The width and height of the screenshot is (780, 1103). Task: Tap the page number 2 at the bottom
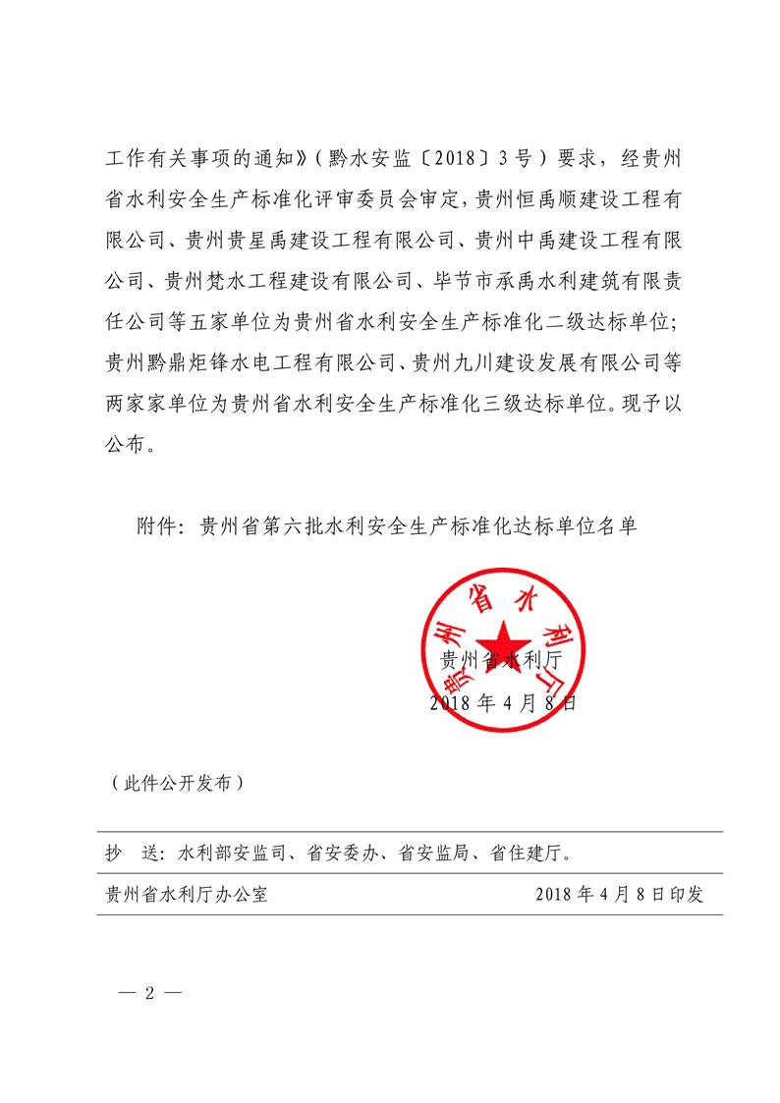tap(150, 991)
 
